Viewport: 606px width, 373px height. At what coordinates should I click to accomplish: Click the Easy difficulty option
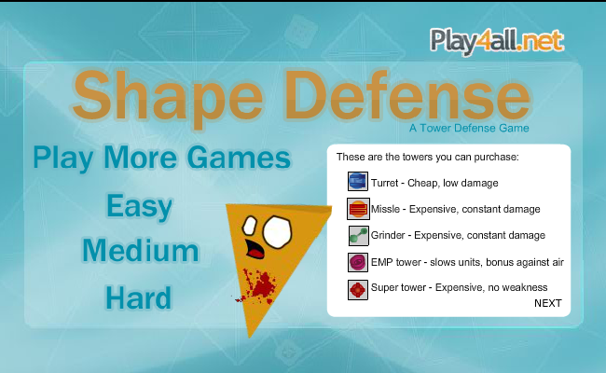[139, 208]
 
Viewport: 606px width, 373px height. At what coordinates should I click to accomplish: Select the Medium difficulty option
[141, 251]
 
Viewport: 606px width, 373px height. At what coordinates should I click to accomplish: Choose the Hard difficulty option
[138, 297]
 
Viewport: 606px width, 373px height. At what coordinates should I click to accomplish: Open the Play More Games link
[162, 159]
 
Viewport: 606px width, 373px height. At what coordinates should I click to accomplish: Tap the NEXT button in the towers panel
[548, 303]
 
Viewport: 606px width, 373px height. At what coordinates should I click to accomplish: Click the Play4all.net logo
[497, 41]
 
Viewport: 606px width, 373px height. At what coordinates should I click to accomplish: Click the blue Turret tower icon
[357, 181]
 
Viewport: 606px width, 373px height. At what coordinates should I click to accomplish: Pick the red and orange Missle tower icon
[358, 209]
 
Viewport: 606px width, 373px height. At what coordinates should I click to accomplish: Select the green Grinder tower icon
[358, 236]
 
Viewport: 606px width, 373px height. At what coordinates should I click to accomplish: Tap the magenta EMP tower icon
[358, 262]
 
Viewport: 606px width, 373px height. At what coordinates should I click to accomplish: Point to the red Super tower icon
[357, 289]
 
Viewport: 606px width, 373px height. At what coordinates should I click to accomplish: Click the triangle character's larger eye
[277, 232]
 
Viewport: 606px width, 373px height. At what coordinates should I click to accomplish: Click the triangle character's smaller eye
[249, 226]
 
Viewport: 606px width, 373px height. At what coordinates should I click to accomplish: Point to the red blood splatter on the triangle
[257, 285]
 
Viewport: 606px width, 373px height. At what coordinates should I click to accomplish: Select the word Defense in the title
[407, 95]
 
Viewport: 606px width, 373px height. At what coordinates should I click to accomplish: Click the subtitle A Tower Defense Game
[469, 128]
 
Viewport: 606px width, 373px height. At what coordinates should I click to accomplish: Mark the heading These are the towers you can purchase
[427, 157]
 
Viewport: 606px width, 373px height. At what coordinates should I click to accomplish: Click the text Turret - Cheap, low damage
[434, 183]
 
